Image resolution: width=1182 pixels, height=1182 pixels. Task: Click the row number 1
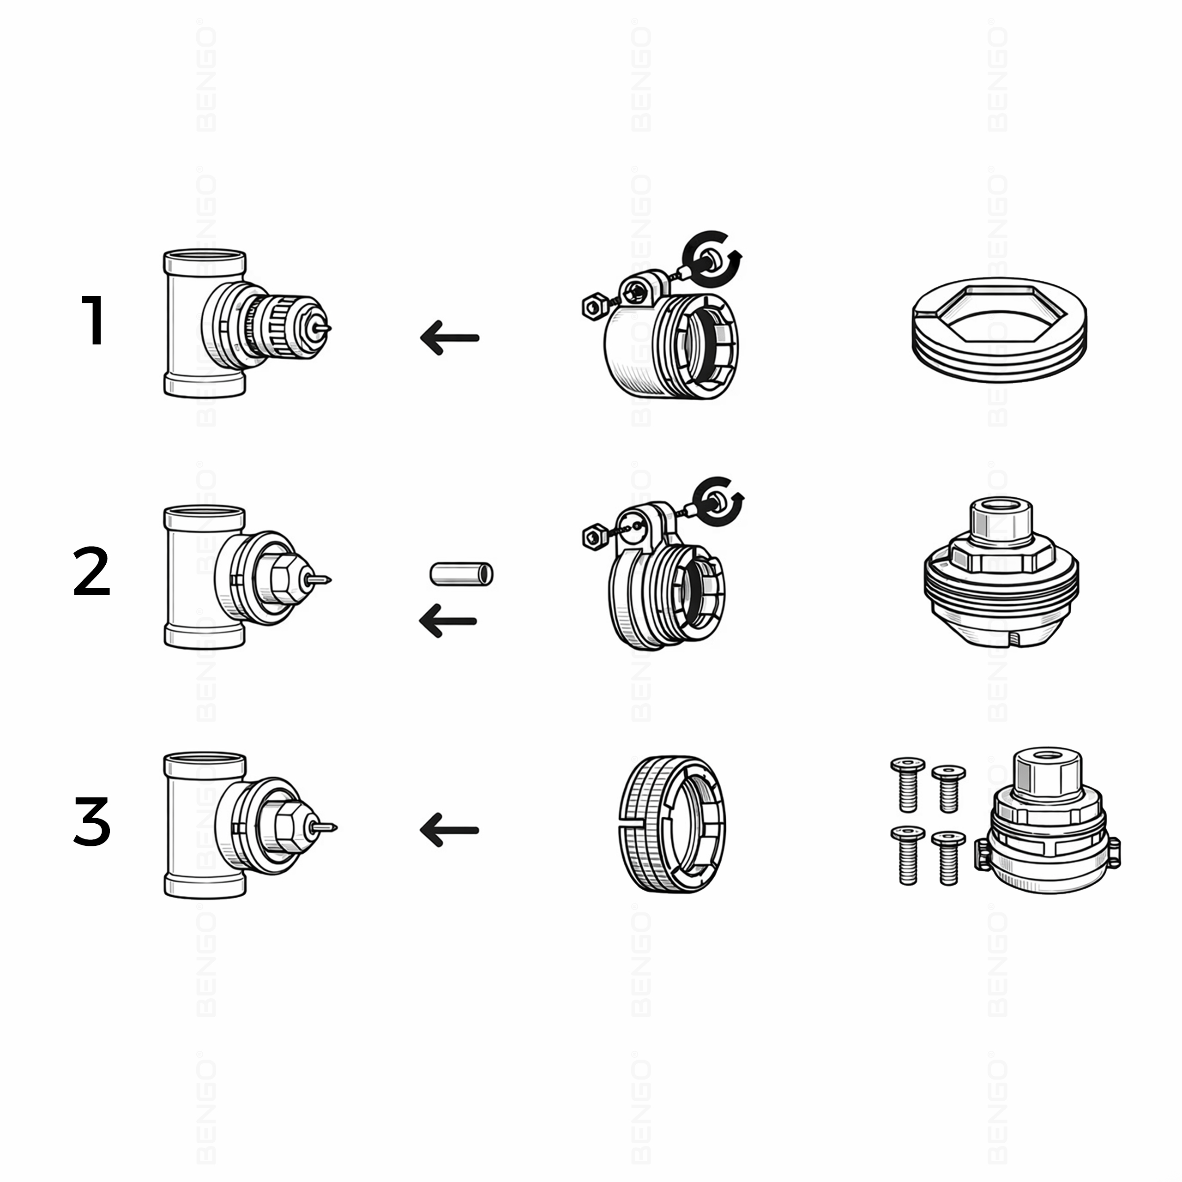pos(94,320)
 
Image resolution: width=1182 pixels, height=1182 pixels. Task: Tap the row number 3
pos(92,822)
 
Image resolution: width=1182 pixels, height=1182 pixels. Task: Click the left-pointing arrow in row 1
pos(450,338)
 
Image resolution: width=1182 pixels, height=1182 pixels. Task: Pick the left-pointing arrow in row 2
pos(448,621)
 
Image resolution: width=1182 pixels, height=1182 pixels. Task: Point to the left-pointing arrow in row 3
pos(449,830)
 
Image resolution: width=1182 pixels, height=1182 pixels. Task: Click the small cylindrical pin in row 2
pos(461,574)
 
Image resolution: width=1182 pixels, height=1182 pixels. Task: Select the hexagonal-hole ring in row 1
pos(999,331)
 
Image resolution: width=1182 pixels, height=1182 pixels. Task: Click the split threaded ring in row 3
pos(672,824)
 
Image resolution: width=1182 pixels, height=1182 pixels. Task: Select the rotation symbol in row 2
pos(719,501)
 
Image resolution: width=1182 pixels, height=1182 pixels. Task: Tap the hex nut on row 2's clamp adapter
pos(594,537)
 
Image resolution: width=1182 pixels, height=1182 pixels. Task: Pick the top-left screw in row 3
pos(908,784)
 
